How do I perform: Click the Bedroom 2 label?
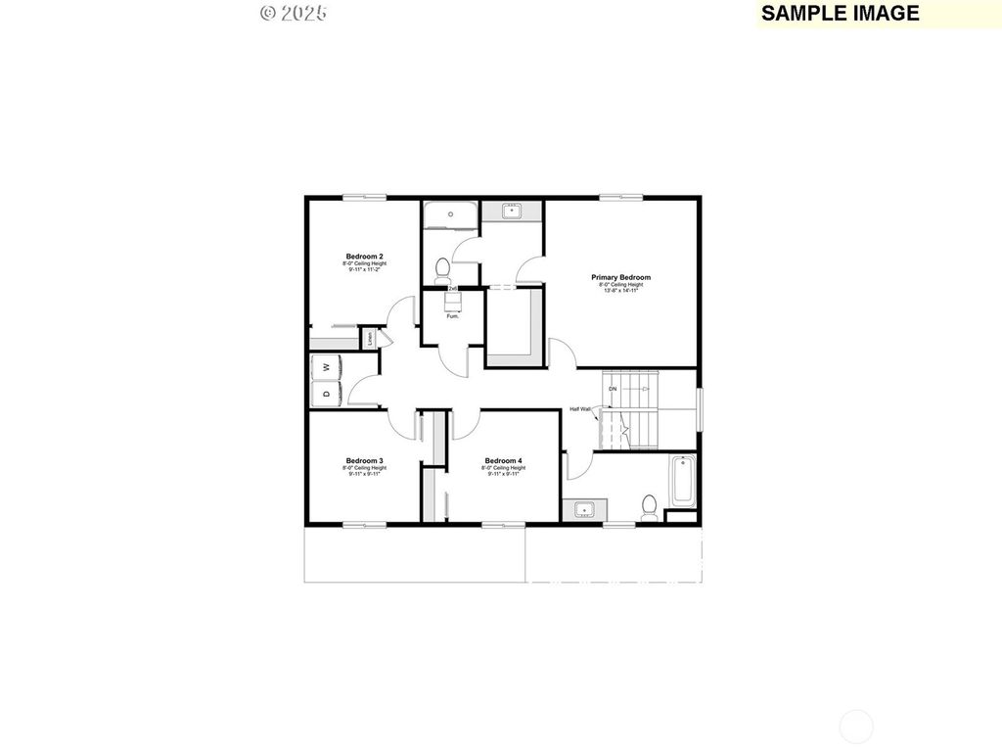point(364,256)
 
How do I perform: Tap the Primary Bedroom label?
point(620,277)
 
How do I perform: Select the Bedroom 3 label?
point(364,460)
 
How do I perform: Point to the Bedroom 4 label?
point(503,460)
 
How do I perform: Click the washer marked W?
point(326,367)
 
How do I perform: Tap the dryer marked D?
point(326,394)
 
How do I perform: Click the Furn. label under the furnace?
point(452,316)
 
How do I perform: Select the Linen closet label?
point(371,339)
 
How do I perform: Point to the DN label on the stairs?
point(613,389)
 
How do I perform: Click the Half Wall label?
point(580,409)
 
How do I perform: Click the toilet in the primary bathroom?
point(441,267)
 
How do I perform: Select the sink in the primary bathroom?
point(511,211)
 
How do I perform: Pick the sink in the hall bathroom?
point(584,509)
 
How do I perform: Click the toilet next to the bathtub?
point(648,507)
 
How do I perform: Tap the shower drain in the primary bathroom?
point(450,212)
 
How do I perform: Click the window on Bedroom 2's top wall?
point(363,199)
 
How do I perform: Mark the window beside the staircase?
point(700,409)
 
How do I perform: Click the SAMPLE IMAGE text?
point(840,13)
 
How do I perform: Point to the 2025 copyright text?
point(294,13)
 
